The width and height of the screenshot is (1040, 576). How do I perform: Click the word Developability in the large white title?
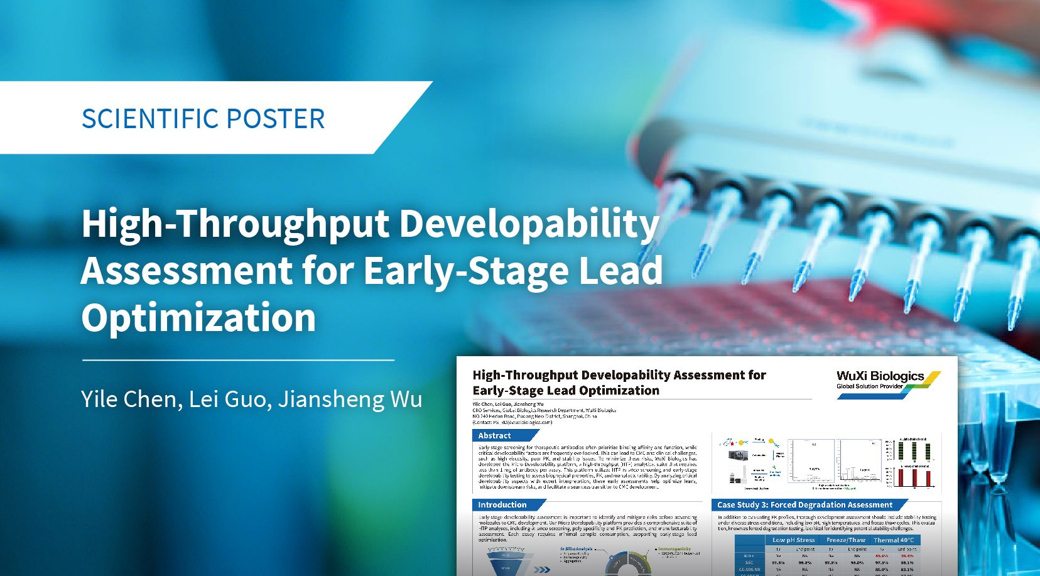[529, 224]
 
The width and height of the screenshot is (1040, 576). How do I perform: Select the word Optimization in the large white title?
[198, 317]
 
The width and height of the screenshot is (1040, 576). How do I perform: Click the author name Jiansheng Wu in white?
[350, 399]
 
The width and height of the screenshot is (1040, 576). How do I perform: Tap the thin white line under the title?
[238, 361]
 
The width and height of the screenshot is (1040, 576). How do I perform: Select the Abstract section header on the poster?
[494, 435]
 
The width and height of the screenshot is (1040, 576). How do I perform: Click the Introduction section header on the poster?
[502, 504]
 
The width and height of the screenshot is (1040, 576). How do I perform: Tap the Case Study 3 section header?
[804, 504]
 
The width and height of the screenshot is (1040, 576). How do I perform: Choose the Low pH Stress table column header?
[793, 540]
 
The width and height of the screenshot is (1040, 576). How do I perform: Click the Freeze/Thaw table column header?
[845, 540]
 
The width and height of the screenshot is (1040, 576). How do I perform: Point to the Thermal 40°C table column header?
[894, 540]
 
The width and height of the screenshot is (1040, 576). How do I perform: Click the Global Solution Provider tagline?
[869, 386]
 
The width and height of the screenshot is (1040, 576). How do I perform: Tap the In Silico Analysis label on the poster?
[576, 549]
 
